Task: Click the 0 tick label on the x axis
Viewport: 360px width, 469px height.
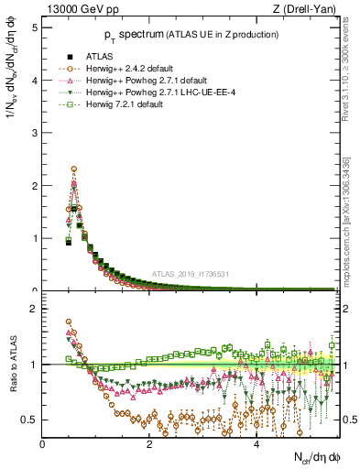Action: coord(43,444)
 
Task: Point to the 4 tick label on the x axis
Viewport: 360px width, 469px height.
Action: coord(256,444)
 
